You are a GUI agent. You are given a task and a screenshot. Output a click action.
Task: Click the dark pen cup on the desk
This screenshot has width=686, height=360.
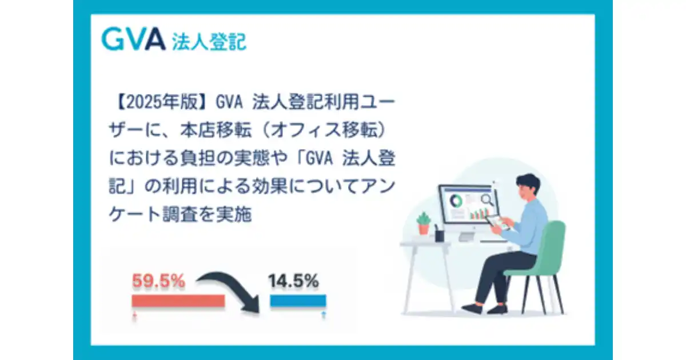click(x=439, y=234)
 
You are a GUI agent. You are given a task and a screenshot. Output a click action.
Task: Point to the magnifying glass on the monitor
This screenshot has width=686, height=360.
click(x=487, y=199)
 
